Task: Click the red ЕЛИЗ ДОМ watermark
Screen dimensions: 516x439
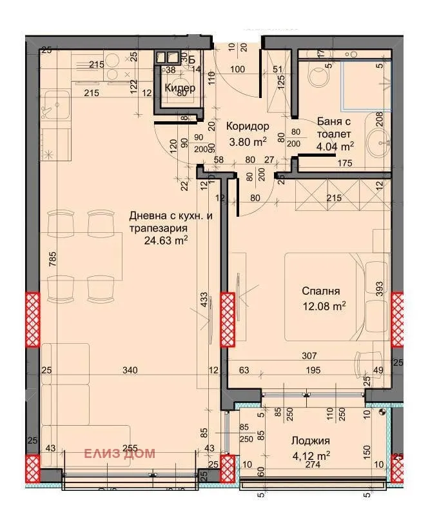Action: [x=120, y=453]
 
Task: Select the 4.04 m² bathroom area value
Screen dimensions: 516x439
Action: [x=334, y=146]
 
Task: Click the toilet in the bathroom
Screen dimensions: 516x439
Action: [x=318, y=76]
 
